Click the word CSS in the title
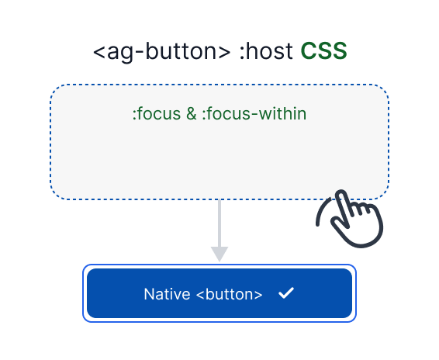(323, 52)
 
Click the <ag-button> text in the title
(161, 52)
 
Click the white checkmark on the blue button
(285, 293)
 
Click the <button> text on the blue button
(230, 294)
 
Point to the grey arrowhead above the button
(219, 254)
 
